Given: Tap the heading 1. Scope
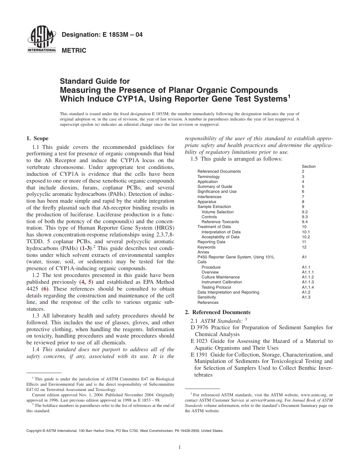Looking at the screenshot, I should (38, 139).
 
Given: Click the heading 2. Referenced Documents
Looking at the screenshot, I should (218, 312).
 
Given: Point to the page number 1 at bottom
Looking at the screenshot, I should (180, 447).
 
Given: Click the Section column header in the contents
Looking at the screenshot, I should (308, 166).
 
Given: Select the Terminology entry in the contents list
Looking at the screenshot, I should (208, 177).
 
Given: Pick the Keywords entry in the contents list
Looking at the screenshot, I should (207, 247).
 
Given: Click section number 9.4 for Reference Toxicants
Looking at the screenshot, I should (305, 222).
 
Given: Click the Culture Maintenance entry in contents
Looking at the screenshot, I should (221, 277).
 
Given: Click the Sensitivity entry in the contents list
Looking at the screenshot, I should (207, 297).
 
